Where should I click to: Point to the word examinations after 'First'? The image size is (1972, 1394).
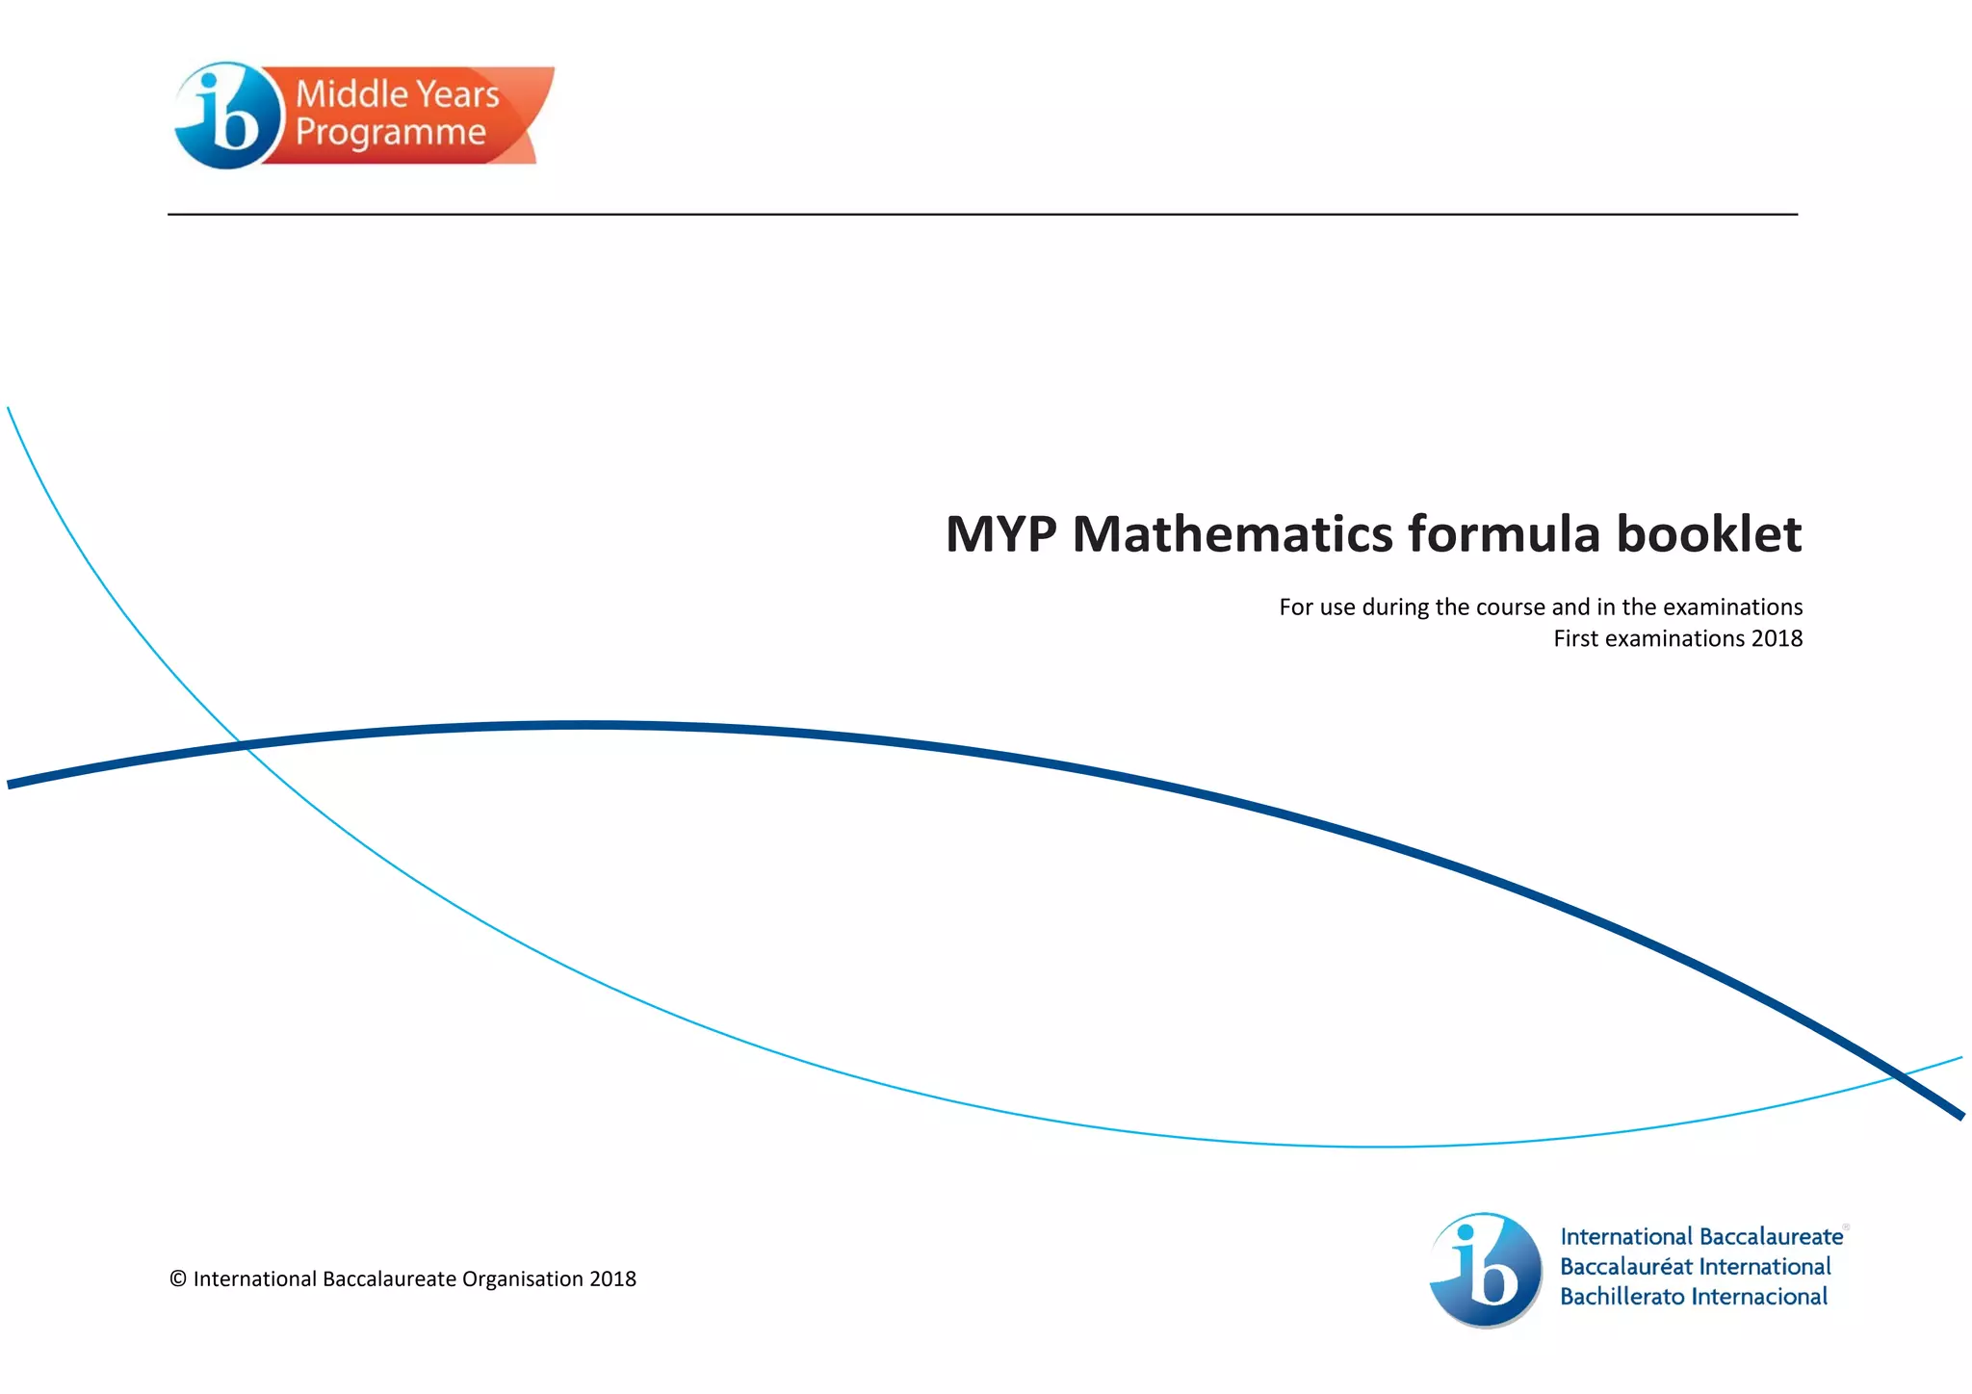1674,639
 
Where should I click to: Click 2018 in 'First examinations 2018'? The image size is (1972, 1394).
1777,639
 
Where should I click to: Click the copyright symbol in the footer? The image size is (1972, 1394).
178,1279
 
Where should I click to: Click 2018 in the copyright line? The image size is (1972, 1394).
613,1279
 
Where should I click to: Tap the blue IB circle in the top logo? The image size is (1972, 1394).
226,116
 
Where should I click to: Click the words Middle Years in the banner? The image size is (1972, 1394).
397,94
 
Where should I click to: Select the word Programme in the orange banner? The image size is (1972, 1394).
390,133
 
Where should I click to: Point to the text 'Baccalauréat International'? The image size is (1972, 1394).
1695,1267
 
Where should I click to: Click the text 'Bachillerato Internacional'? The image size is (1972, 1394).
1693,1297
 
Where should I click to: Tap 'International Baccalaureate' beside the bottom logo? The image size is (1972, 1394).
1700,1237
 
